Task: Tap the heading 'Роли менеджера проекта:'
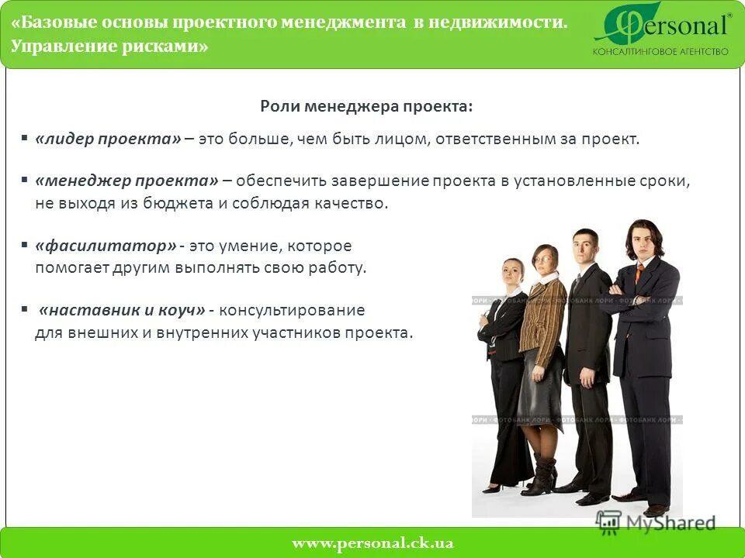(366, 105)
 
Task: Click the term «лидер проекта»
(108, 139)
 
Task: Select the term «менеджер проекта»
(126, 181)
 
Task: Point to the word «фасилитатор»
(106, 246)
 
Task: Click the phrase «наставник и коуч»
(122, 310)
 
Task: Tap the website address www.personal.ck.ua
(372, 543)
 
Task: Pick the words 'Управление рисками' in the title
(109, 46)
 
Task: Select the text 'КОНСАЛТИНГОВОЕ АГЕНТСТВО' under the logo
(660, 52)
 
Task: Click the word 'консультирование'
(292, 310)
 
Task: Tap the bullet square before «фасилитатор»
(25, 243)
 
